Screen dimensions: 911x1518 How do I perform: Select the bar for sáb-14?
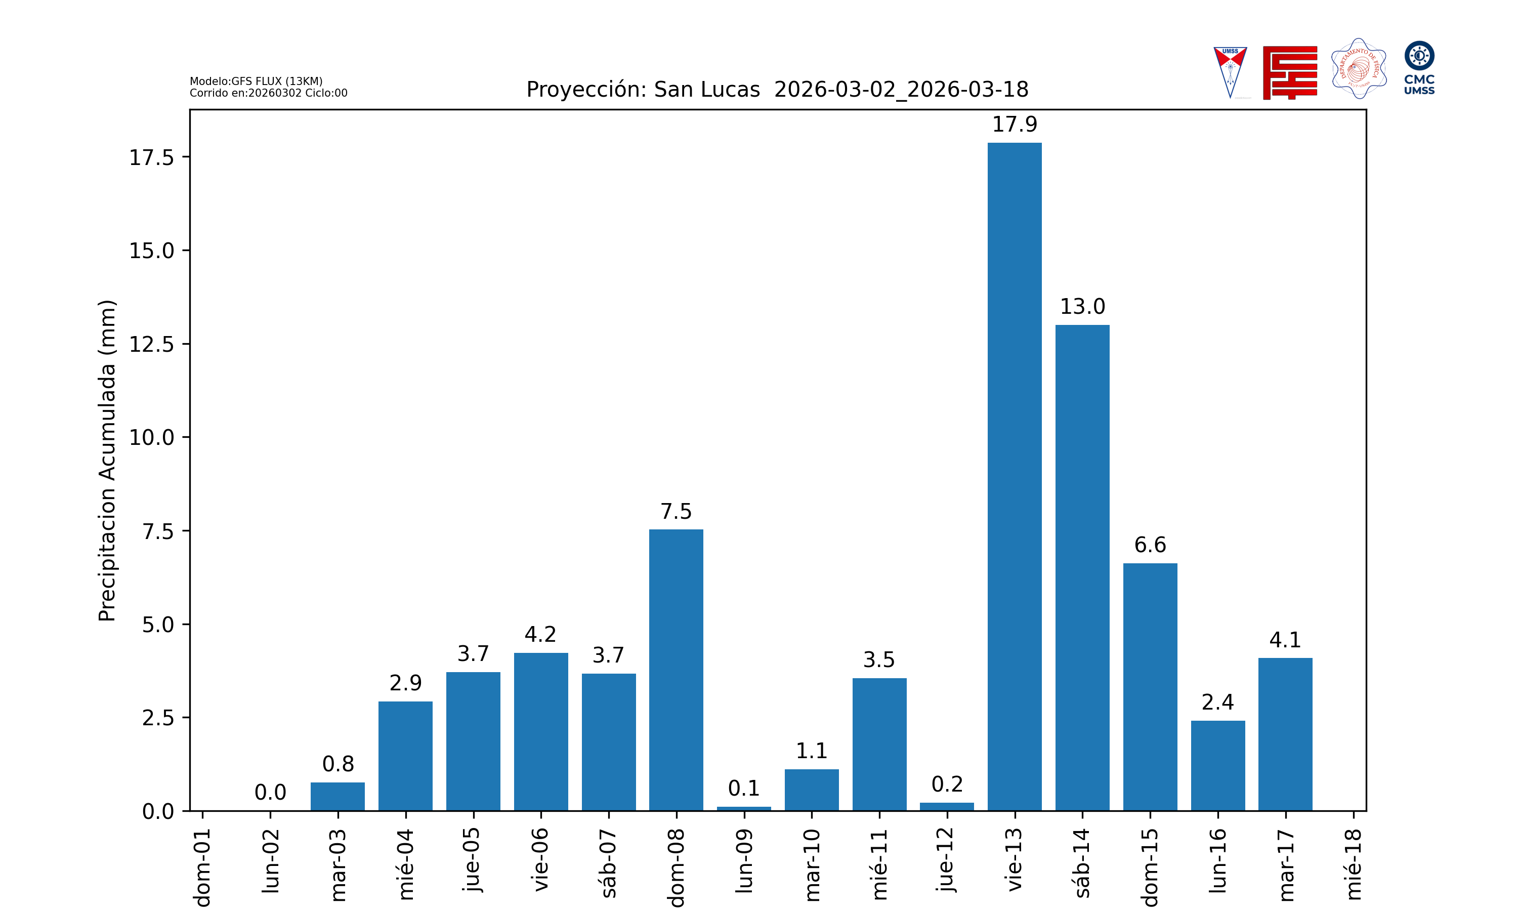[x=1082, y=567]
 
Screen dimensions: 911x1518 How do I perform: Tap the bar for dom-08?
[x=676, y=670]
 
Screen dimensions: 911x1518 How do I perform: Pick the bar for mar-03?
[x=338, y=796]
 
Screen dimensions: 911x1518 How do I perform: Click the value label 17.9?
[x=1014, y=125]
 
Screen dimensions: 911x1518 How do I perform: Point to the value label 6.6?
[x=1150, y=545]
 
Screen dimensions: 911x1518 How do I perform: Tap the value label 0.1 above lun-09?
[x=744, y=788]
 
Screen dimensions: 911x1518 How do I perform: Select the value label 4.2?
[x=540, y=634]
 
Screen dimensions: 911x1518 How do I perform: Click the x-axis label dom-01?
[x=202, y=867]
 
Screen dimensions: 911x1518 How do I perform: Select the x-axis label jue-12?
[x=947, y=859]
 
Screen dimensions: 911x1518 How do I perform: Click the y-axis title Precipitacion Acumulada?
[x=107, y=461]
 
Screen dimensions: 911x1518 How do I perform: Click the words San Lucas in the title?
[x=706, y=90]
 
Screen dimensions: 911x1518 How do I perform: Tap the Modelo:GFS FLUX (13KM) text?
[x=256, y=81]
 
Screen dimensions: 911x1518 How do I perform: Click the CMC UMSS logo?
[x=1419, y=67]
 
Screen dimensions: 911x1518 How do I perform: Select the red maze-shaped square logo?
[x=1289, y=72]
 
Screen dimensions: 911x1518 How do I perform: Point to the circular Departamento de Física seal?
[x=1359, y=69]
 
